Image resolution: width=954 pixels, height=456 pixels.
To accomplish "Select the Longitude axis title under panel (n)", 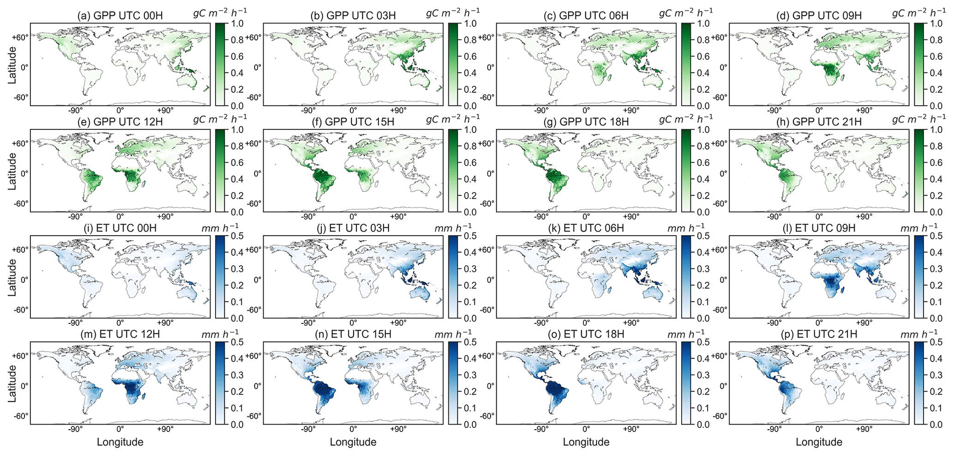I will click(353, 442).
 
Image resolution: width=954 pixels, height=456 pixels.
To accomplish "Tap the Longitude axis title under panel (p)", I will click(819, 442).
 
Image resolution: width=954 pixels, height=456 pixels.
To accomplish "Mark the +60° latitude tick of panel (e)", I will click(20, 143).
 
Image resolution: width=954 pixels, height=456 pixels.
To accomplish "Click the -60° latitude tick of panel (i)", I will click(20, 310).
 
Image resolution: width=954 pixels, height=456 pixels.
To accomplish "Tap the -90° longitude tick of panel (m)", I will click(75, 429).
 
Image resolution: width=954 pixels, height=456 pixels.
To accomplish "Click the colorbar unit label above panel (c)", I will click(685, 13).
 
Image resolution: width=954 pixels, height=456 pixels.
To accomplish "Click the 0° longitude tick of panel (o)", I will click(586, 429).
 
